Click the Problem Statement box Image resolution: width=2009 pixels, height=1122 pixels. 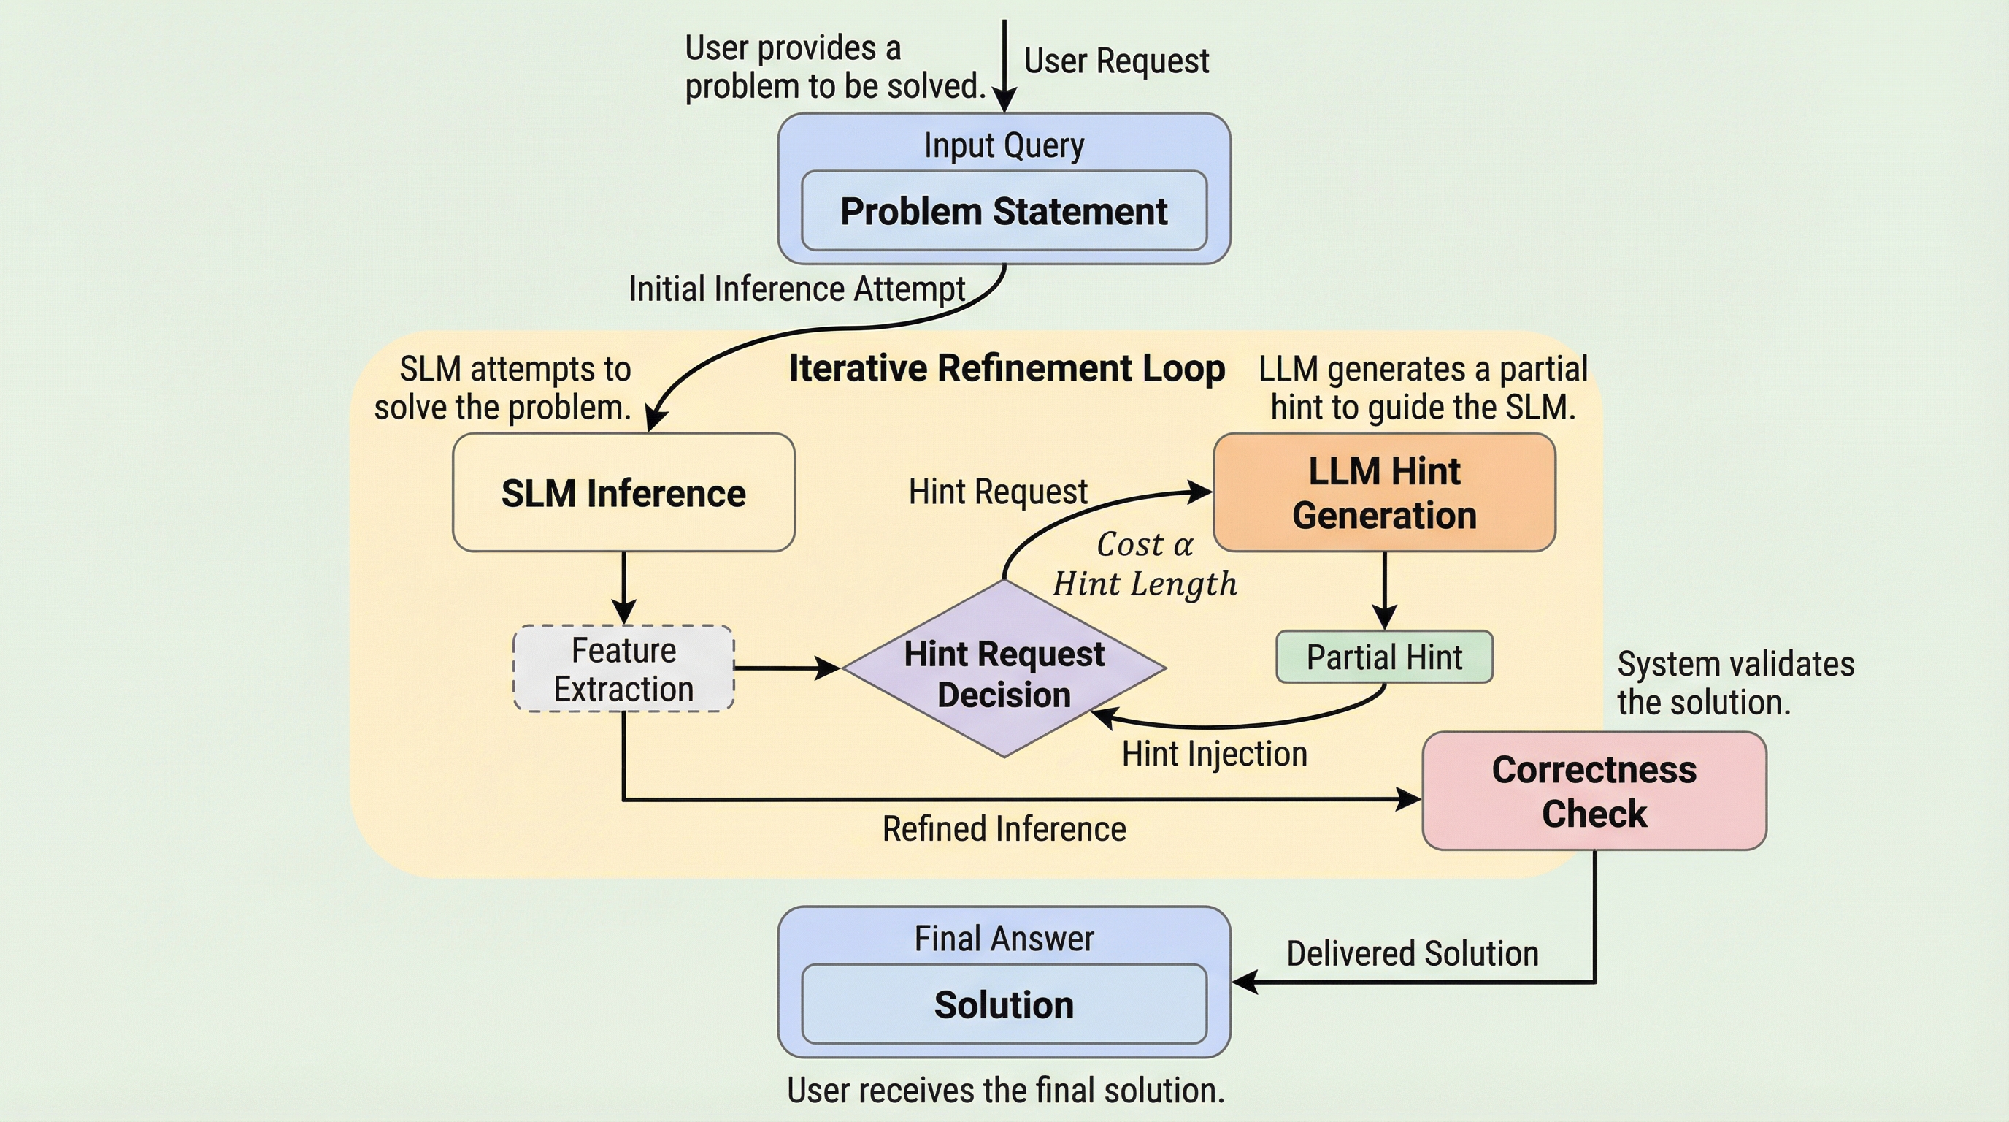pyautogui.click(x=1004, y=211)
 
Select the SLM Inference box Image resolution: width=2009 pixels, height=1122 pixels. pyautogui.click(x=623, y=493)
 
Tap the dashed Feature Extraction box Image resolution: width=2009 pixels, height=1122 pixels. pyautogui.click(x=623, y=668)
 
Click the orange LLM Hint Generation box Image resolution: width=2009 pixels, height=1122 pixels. pyautogui.click(x=1384, y=493)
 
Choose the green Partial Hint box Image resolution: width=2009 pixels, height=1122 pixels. pyautogui.click(x=1384, y=657)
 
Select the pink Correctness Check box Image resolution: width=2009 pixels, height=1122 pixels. pyautogui.click(x=1594, y=791)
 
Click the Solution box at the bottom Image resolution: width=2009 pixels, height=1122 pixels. pyautogui.click(x=1004, y=1004)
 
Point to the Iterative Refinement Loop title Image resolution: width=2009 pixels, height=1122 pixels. pyautogui.click(x=1007, y=368)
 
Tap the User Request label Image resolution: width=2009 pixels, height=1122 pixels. pyautogui.click(x=1116, y=61)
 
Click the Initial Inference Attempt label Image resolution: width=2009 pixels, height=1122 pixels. pyautogui.click(x=797, y=289)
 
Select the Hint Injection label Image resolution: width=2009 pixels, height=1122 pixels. pyautogui.click(x=1214, y=754)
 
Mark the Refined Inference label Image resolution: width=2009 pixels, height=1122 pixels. pyautogui.click(x=1004, y=828)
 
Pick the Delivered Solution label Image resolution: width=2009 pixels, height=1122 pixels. pyautogui.click(x=1413, y=953)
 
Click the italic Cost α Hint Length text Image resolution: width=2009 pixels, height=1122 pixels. pyautogui.click(x=1145, y=564)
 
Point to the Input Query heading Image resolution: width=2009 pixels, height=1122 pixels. pyautogui.click(x=1004, y=146)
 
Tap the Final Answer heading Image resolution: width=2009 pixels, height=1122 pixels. pyautogui.click(x=1004, y=939)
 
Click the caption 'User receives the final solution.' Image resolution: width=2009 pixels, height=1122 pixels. pyautogui.click(x=1005, y=1090)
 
